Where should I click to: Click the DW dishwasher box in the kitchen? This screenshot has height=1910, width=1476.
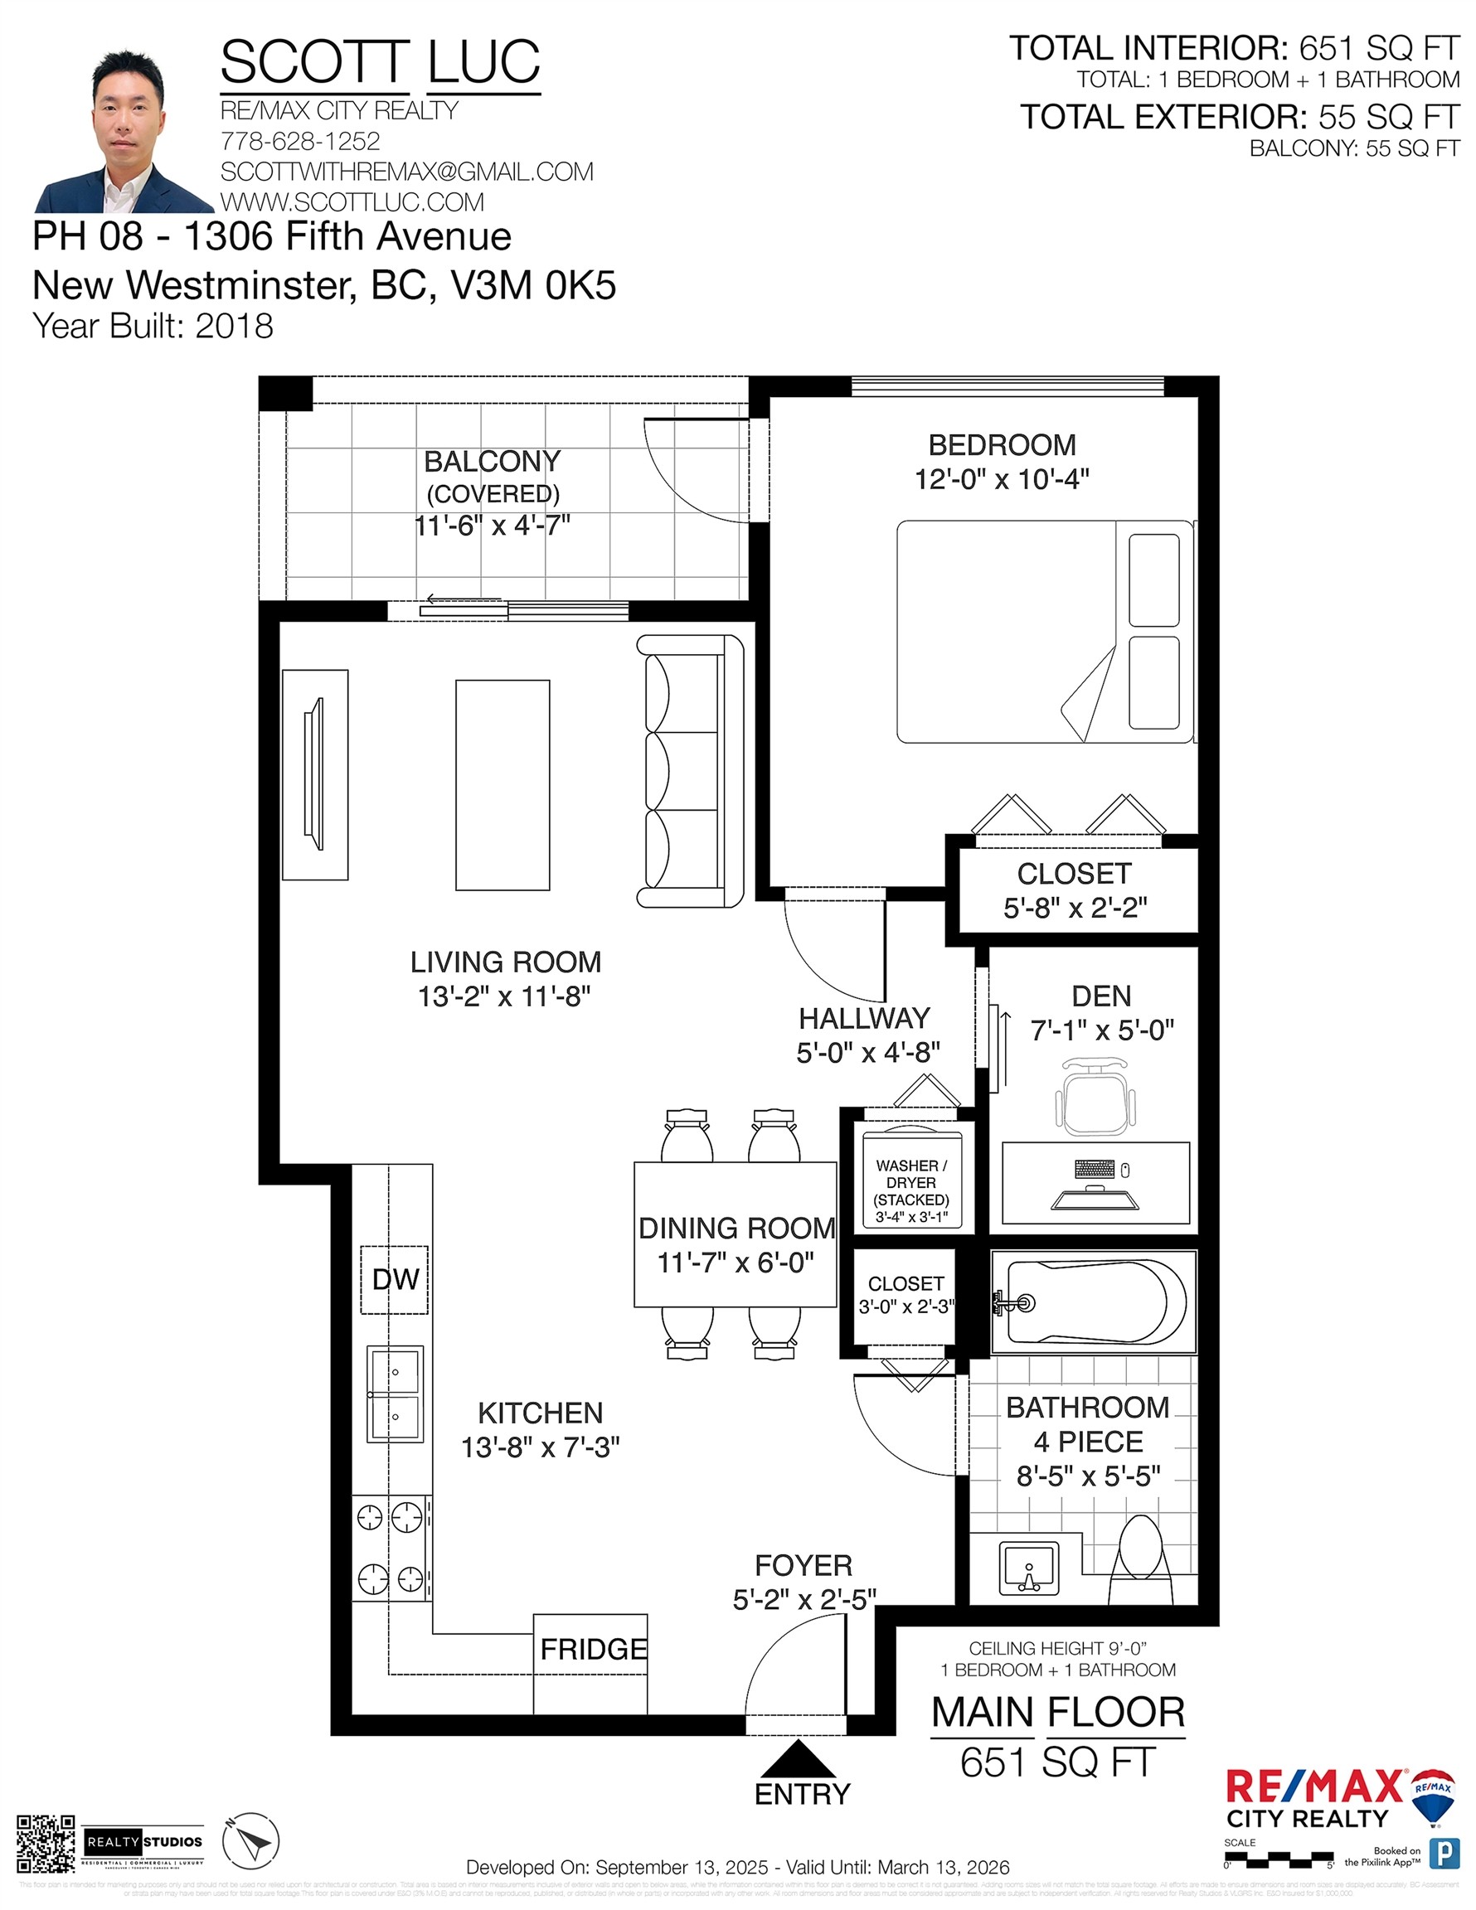[395, 1278]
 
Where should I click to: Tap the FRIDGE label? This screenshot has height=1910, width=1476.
[592, 1649]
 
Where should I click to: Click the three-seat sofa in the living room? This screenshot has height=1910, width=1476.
[689, 770]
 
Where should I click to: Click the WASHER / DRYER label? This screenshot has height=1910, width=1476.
[910, 1174]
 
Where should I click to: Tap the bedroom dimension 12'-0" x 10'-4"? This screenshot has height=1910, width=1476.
[1001, 479]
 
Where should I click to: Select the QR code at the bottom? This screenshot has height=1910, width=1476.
[46, 1843]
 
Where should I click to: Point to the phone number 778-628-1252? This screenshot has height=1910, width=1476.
[300, 141]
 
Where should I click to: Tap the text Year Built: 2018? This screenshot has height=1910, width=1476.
[153, 325]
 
